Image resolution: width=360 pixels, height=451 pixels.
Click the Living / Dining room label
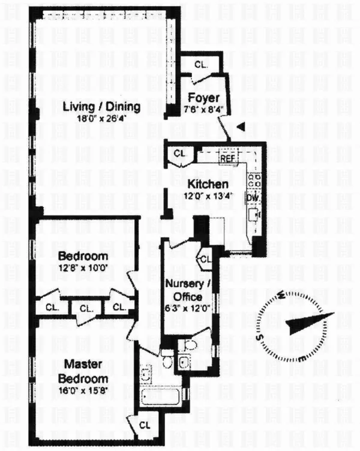101,107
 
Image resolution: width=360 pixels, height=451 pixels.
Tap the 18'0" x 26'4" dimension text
101,118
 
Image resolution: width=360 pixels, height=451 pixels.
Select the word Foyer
199,98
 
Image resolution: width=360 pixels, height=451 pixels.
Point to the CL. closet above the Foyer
201,65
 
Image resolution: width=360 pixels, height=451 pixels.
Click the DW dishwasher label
252,197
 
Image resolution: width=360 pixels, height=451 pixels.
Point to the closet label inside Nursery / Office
205,260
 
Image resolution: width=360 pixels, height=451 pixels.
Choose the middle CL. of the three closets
86,308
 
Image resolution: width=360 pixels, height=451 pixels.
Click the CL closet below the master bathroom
145,425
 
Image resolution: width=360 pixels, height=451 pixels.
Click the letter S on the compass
261,336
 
